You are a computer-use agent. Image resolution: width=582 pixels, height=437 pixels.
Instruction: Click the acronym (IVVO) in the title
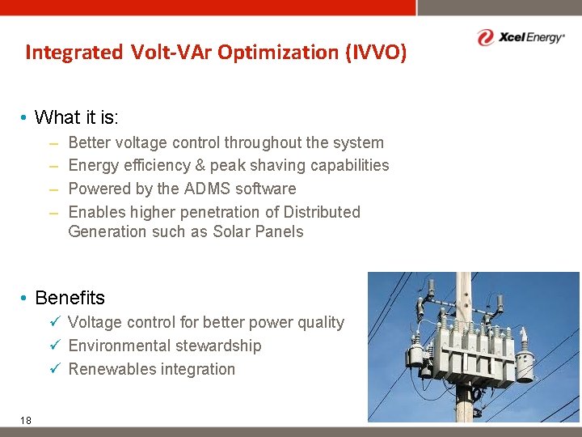tap(376, 53)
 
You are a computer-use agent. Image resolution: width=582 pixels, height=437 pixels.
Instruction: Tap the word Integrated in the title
tap(74, 53)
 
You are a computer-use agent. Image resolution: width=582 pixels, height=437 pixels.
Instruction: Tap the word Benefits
tap(70, 298)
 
